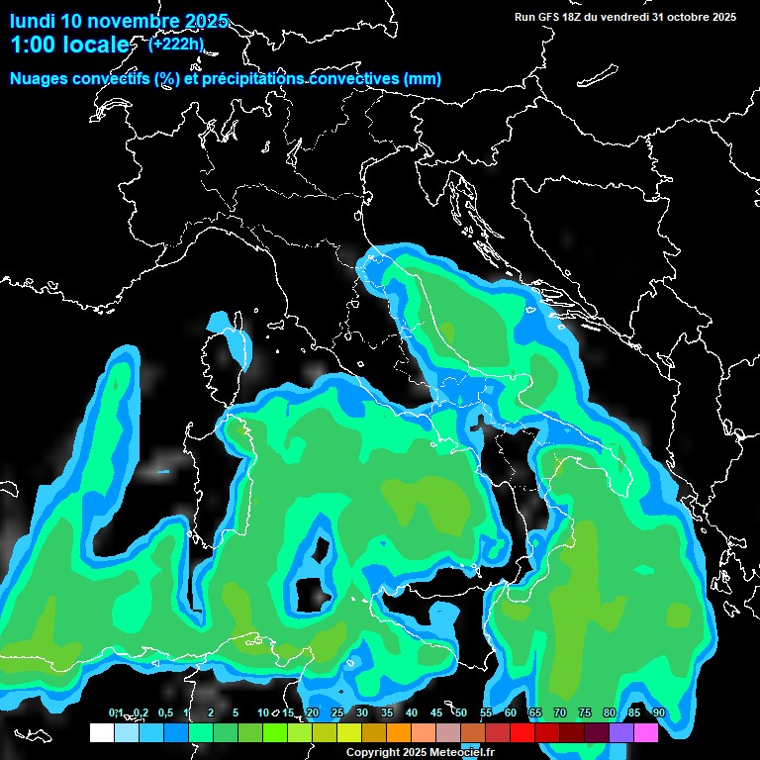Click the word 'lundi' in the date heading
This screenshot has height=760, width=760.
(32, 21)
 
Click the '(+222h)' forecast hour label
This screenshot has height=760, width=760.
(177, 44)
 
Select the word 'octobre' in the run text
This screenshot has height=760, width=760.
(676, 17)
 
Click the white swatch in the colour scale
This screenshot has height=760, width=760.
(101, 733)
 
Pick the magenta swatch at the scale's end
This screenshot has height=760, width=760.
(646, 733)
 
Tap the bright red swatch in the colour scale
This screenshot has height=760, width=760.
(522, 733)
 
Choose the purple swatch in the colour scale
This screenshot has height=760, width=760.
(621, 733)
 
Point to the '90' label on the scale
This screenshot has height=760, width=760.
(658, 713)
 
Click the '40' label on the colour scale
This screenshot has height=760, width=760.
(411, 713)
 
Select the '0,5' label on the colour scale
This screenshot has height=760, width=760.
(164, 713)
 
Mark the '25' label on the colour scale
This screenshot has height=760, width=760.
(336, 713)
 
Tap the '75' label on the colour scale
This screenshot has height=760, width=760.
(584, 713)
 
